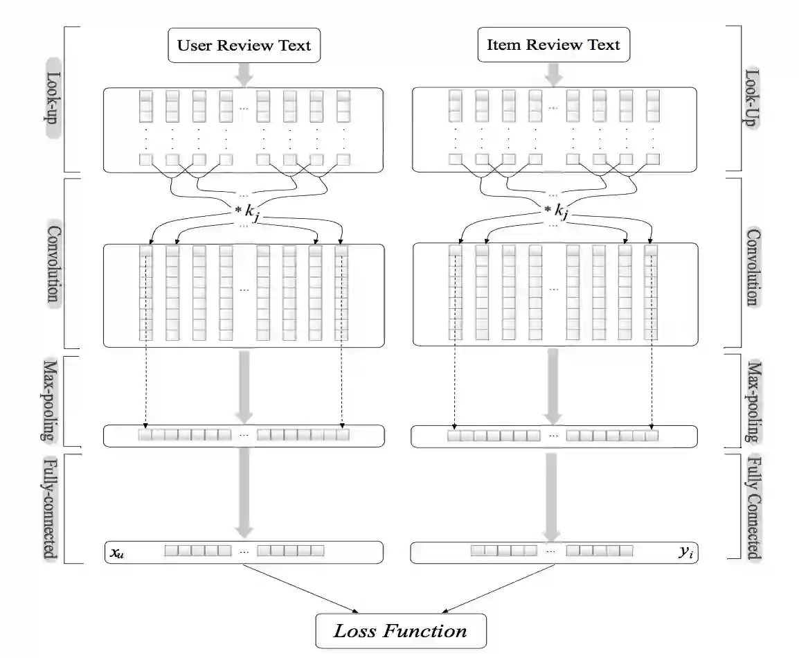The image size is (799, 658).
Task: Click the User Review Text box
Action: pos(244,46)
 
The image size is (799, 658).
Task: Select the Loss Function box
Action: pos(401,631)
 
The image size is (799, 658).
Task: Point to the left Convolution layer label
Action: pos(53,262)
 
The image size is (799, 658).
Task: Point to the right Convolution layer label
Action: pos(750,262)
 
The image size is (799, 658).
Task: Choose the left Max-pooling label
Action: pos(49,400)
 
